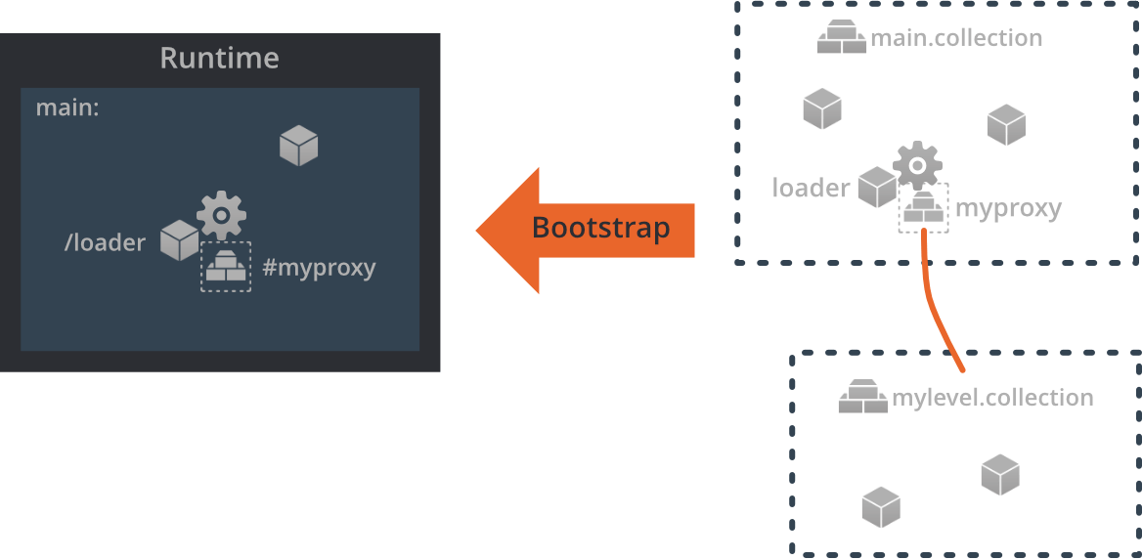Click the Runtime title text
(219, 59)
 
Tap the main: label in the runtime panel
(67, 107)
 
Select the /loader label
(105, 242)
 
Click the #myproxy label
(319, 268)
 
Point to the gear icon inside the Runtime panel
(221, 214)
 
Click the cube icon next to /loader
(180, 240)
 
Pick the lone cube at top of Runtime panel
(298, 146)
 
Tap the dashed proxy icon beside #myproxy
(226, 267)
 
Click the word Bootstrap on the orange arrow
(600, 229)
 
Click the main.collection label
(955, 38)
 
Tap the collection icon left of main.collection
(841, 39)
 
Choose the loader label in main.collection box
(811, 188)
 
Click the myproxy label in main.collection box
(1007, 208)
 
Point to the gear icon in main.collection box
(917, 164)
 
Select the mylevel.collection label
(991, 398)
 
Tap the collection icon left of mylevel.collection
(862, 398)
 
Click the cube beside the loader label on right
(877, 188)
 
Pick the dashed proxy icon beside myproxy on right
(923, 208)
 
